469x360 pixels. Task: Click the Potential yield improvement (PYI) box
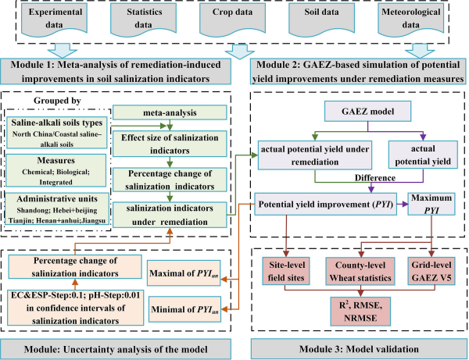(x=327, y=203)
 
